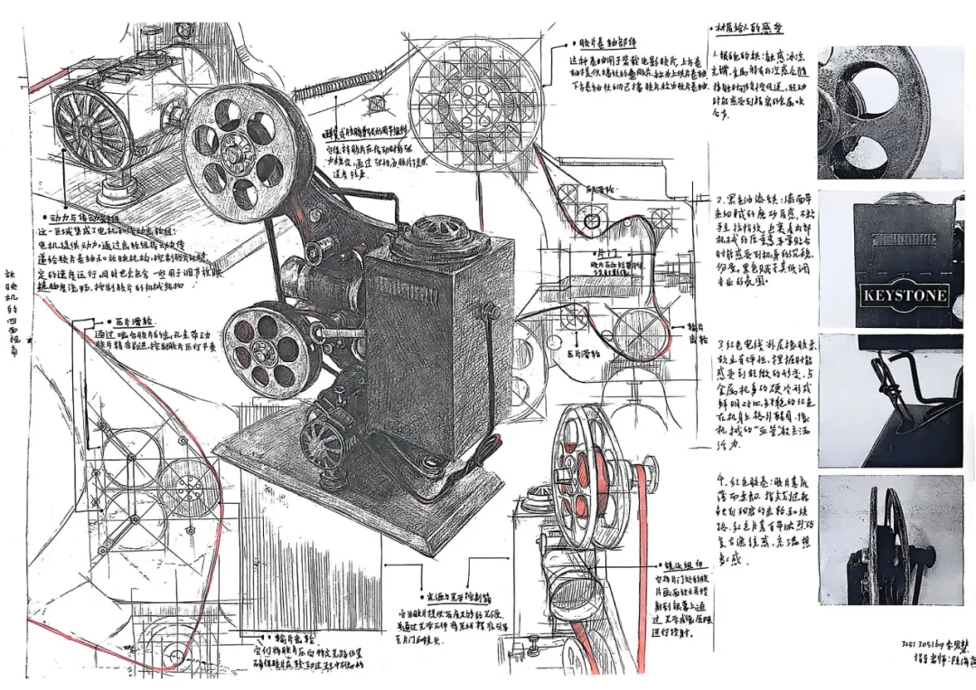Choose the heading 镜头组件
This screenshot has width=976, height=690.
[x=680, y=561]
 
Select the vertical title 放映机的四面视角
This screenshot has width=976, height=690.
[x=11, y=312]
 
